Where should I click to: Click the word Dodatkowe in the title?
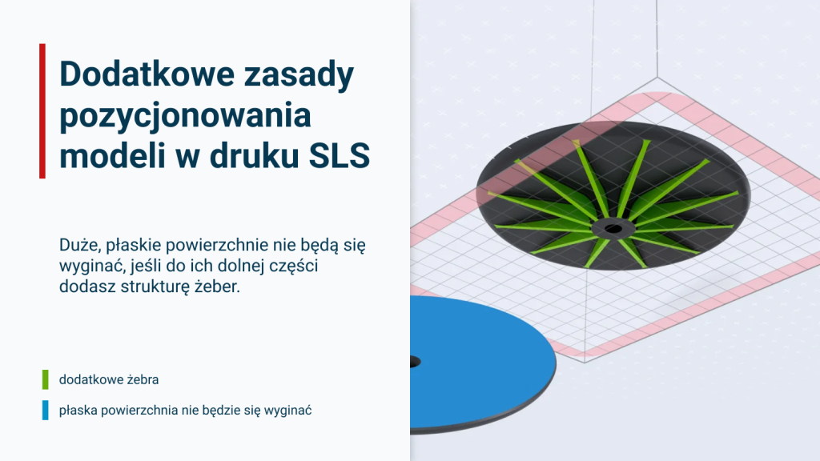click(147, 74)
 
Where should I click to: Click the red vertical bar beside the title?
click(42, 111)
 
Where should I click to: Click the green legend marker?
click(46, 379)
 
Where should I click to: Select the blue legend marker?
click(46, 411)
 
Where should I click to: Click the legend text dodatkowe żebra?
click(109, 379)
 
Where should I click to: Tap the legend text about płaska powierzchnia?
click(185, 411)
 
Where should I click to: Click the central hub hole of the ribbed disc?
click(613, 228)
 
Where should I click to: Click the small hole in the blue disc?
click(416, 362)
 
